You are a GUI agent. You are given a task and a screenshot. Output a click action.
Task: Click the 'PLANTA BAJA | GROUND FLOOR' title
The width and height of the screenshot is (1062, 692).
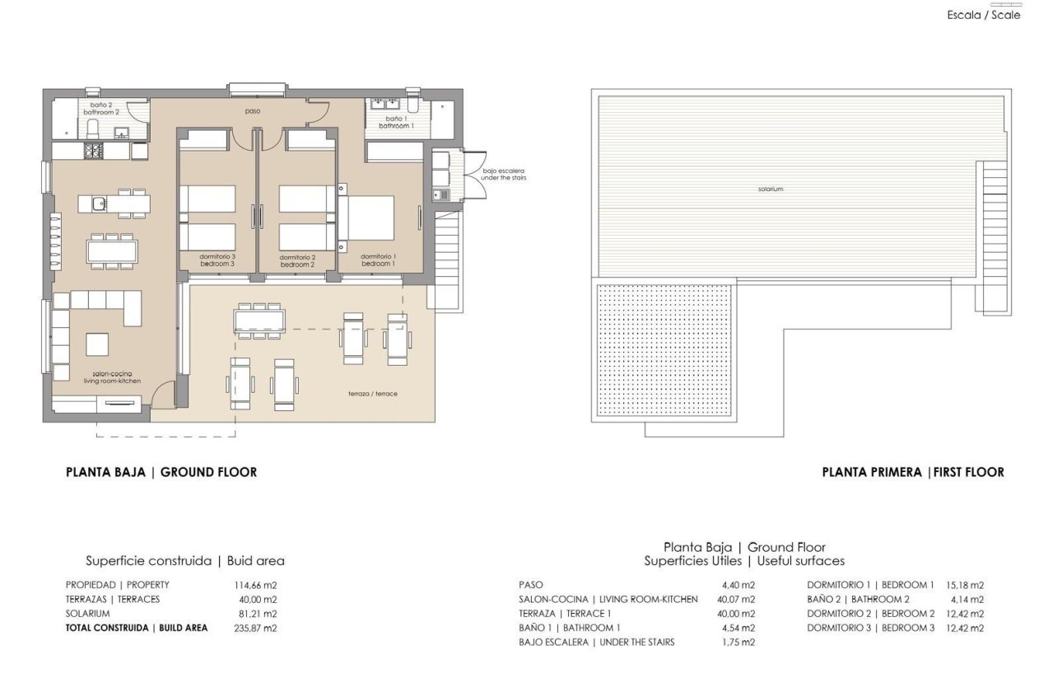point(161,472)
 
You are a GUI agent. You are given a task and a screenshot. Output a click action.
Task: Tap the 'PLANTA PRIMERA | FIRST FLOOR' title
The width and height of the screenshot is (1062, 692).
point(913,472)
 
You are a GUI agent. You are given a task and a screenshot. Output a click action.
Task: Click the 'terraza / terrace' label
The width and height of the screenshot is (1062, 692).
point(373,394)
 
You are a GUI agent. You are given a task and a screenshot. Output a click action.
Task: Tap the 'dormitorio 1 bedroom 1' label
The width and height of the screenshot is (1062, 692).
point(379,259)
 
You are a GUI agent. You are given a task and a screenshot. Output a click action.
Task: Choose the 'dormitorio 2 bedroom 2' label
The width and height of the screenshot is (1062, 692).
point(297,260)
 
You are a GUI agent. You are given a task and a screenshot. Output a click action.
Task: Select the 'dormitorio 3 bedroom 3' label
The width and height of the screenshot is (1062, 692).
point(217,260)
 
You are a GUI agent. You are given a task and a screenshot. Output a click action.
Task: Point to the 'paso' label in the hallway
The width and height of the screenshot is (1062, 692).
point(253,110)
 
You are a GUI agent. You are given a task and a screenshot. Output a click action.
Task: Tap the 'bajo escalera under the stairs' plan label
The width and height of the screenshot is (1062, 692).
point(504,175)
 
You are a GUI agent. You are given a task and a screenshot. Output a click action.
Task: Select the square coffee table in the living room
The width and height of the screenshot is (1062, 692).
point(97,344)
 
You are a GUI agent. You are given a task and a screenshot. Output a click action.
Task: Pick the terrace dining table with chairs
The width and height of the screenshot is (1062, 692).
point(260,319)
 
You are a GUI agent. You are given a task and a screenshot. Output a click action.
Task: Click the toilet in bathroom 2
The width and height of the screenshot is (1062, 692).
point(92,129)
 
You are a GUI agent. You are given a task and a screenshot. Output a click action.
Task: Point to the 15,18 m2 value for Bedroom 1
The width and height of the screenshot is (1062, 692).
point(965,585)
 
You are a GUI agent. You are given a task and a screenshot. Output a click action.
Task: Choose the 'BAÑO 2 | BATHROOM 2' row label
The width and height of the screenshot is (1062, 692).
point(858,600)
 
